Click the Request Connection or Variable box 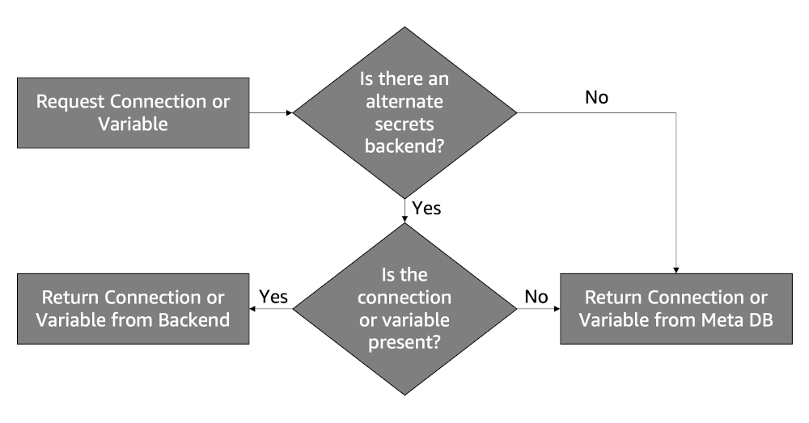133,113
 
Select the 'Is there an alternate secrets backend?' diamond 404,112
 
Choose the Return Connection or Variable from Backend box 133,308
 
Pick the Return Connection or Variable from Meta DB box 676,308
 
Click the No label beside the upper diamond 596,98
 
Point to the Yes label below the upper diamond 426,208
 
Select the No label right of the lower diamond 536,296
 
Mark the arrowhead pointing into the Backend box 254,308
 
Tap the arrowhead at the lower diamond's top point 404,219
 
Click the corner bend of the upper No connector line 676,113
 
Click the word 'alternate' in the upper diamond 404,102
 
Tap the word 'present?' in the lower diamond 404,341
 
